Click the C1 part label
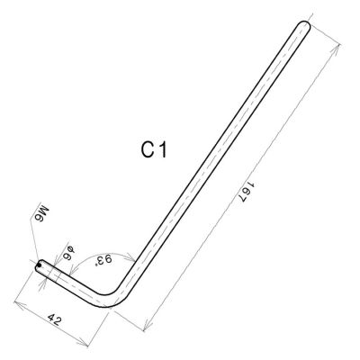154,150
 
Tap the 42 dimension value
55,320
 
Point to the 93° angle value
103,260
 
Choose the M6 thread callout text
43,213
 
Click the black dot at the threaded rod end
39,265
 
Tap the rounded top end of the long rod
304,25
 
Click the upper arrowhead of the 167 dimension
336,50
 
